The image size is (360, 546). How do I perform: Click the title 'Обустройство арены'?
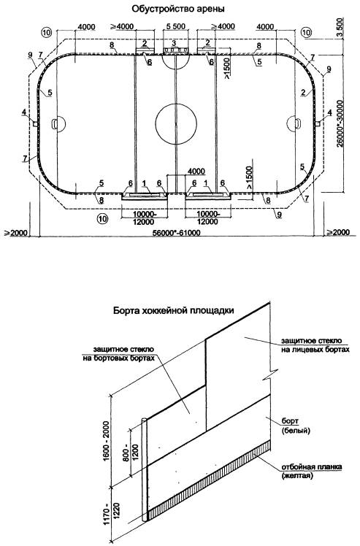point(177,9)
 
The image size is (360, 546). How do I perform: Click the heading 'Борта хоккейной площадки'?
point(173,310)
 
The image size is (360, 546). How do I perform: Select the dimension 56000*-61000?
point(177,233)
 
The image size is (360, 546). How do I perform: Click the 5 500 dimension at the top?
point(176,26)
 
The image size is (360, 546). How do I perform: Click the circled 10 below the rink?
point(102,219)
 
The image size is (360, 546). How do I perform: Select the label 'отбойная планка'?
point(311,467)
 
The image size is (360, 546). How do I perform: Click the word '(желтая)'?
point(296,475)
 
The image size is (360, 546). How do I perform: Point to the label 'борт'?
point(289,422)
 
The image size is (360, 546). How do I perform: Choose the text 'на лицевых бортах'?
point(315,349)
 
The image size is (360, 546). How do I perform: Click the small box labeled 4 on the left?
point(35,123)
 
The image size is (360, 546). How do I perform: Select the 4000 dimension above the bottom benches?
point(196,172)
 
